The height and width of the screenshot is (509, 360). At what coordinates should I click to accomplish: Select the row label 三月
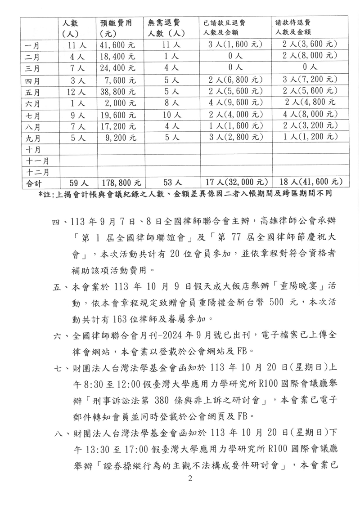click(34, 68)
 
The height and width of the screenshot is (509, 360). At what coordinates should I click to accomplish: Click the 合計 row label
click(34, 183)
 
